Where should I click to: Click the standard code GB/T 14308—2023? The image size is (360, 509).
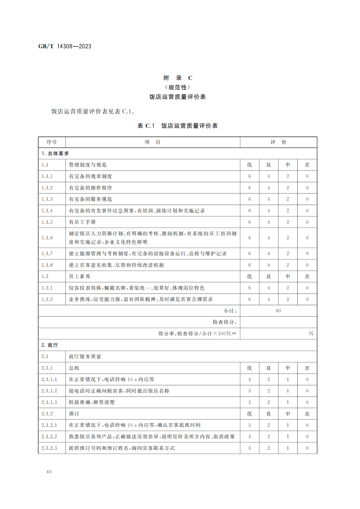tap(65, 46)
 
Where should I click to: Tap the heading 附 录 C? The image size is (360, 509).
tap(178, 78)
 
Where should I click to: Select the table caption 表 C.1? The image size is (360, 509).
tap(146, 126)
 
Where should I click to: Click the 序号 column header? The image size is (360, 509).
tap(52, 142)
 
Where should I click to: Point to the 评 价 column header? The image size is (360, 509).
tap(278, 142)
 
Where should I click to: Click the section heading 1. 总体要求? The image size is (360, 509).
tap(55, 153)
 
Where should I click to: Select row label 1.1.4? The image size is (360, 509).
tap(47, 211)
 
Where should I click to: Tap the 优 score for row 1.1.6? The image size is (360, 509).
tap(249, 238)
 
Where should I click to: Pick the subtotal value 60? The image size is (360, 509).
tap(278, 311)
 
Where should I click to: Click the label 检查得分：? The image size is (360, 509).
tap(225, 322)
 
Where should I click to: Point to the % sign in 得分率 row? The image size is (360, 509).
tap(311, 333)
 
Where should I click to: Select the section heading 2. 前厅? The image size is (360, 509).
tap(50, 345)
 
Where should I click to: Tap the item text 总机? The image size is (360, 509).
tap(74, 368)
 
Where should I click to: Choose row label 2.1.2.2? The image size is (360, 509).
tap(49, 436)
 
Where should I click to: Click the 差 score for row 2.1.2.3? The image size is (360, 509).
tap(307, 448)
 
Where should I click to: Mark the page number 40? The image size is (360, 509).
tap(49, 472)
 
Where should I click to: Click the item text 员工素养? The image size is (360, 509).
tap(80, 276)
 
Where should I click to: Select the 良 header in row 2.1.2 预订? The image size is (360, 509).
tap(269, 414)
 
